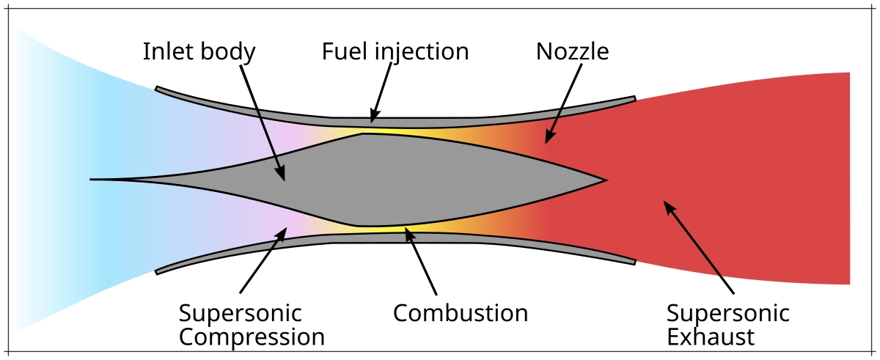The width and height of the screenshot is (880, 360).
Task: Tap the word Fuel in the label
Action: (x=345, y=51)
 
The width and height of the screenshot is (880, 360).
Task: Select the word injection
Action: (x=422, y=51)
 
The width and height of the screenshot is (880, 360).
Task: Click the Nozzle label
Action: (x=573, y=51)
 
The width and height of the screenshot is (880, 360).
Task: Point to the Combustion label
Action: (x=461, y=313)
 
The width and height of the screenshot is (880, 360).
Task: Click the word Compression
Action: (x=252, y=337)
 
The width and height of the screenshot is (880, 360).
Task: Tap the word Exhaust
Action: (x=711, y=337)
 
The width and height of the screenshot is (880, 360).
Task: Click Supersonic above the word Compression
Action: (x=240, y=313)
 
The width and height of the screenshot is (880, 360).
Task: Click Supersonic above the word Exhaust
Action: (x=728, y=313)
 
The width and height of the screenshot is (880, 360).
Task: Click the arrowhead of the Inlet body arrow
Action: (x=280, y=174)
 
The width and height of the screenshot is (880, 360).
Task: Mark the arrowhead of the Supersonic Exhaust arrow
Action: (x=669, y=206)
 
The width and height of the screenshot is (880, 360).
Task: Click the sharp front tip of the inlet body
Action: (x=90, y=180)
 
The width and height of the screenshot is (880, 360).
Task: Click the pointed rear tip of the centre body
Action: (x=607, y=180)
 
